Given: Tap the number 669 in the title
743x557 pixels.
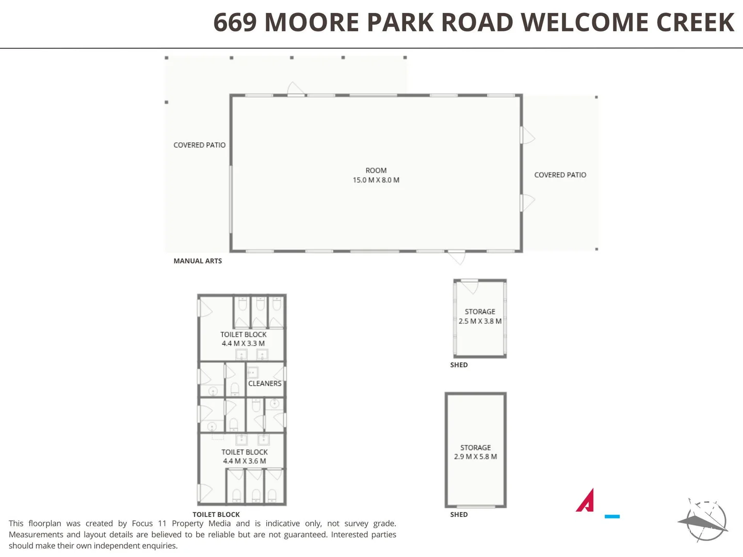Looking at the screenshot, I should [235, 23].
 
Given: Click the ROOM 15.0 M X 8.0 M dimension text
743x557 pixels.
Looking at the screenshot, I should [376, 180].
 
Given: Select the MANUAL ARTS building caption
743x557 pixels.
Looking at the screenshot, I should [198, 261].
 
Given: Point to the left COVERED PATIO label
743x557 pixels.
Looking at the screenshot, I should [199, 145].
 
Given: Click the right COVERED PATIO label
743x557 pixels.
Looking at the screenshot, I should [560, 175].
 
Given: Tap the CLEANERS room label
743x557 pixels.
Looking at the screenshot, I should [265, 383].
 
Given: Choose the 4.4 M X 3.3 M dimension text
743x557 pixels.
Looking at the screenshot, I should [243, 343].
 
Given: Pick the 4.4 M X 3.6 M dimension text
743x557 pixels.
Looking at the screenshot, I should [245, 461].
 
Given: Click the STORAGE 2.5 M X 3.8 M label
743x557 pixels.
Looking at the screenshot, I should [480, 316].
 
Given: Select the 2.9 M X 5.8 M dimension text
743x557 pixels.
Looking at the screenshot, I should [475, 457].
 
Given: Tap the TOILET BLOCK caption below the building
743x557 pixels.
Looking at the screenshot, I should [216, 514].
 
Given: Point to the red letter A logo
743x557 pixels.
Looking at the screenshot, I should [586, 500].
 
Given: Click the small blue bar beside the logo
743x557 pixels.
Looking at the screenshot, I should [612, 516].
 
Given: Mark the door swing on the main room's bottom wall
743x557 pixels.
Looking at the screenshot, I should [457, 256].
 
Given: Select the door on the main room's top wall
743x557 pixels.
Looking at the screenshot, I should [296, 89].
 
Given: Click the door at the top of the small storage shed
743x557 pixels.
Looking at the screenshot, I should [470, 285].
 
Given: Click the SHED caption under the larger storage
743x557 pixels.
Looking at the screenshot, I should [459, 514].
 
